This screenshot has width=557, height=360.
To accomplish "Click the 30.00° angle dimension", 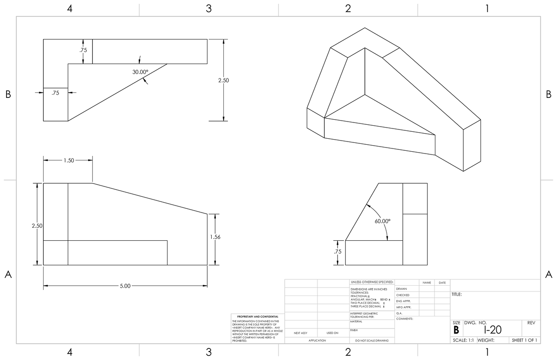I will (140, 72).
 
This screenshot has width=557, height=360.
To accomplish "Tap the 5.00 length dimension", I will (125, 286).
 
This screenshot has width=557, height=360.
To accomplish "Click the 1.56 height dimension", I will (215, 237).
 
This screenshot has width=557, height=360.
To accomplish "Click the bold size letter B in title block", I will (456, 330).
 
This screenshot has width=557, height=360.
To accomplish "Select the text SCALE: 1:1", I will (462, 340).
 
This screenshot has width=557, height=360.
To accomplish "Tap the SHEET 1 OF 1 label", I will (525, 340).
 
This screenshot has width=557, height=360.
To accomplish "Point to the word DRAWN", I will (402, 289).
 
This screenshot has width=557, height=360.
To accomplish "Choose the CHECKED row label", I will (403, 295).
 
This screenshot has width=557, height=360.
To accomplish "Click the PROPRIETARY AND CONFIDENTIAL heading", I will (255, 316).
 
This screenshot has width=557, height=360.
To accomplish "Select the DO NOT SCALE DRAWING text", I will (371, 341).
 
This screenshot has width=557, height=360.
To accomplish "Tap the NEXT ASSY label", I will (301, 333).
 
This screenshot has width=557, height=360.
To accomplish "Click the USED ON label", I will (332, 333).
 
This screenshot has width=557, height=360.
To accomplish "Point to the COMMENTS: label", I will (405, 319).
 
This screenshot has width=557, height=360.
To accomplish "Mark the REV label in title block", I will (531, 322).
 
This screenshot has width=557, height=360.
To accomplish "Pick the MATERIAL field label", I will (356, 321).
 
